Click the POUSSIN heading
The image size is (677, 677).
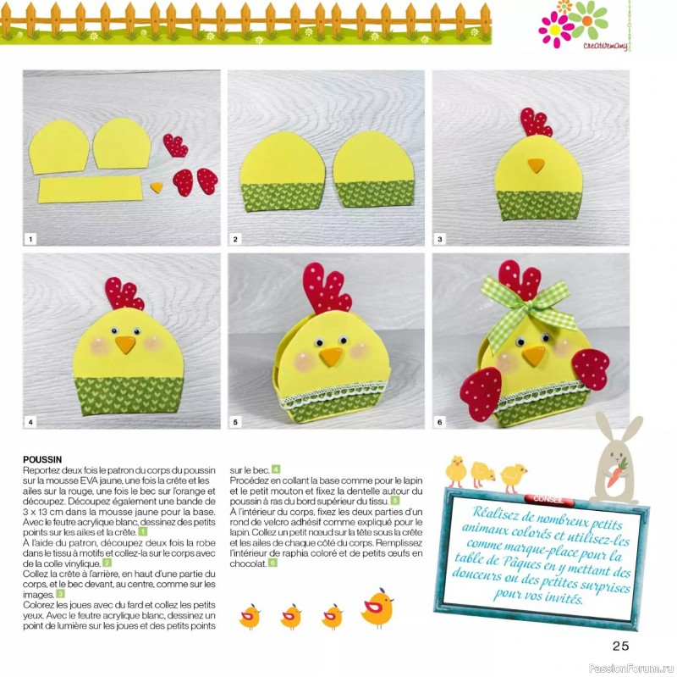(42, 459)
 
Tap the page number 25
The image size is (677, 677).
(620, 646)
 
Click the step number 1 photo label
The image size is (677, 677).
(30, 239)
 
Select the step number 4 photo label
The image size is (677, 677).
(30, 422)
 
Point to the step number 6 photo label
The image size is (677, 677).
(439, 422)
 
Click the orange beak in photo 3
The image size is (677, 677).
(537, 165)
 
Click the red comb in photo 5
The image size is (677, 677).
(326, 288)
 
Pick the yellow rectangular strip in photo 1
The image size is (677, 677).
(91, 189)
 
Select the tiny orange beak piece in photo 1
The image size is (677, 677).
(157, 187)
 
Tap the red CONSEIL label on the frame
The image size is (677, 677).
(548, 499)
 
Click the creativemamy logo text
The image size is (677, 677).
(604, 47)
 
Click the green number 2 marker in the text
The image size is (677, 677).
(107, 563)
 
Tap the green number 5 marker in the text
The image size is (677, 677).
(394, 501)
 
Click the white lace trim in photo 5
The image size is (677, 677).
(333, 394)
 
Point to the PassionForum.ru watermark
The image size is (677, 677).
(630, 669)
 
